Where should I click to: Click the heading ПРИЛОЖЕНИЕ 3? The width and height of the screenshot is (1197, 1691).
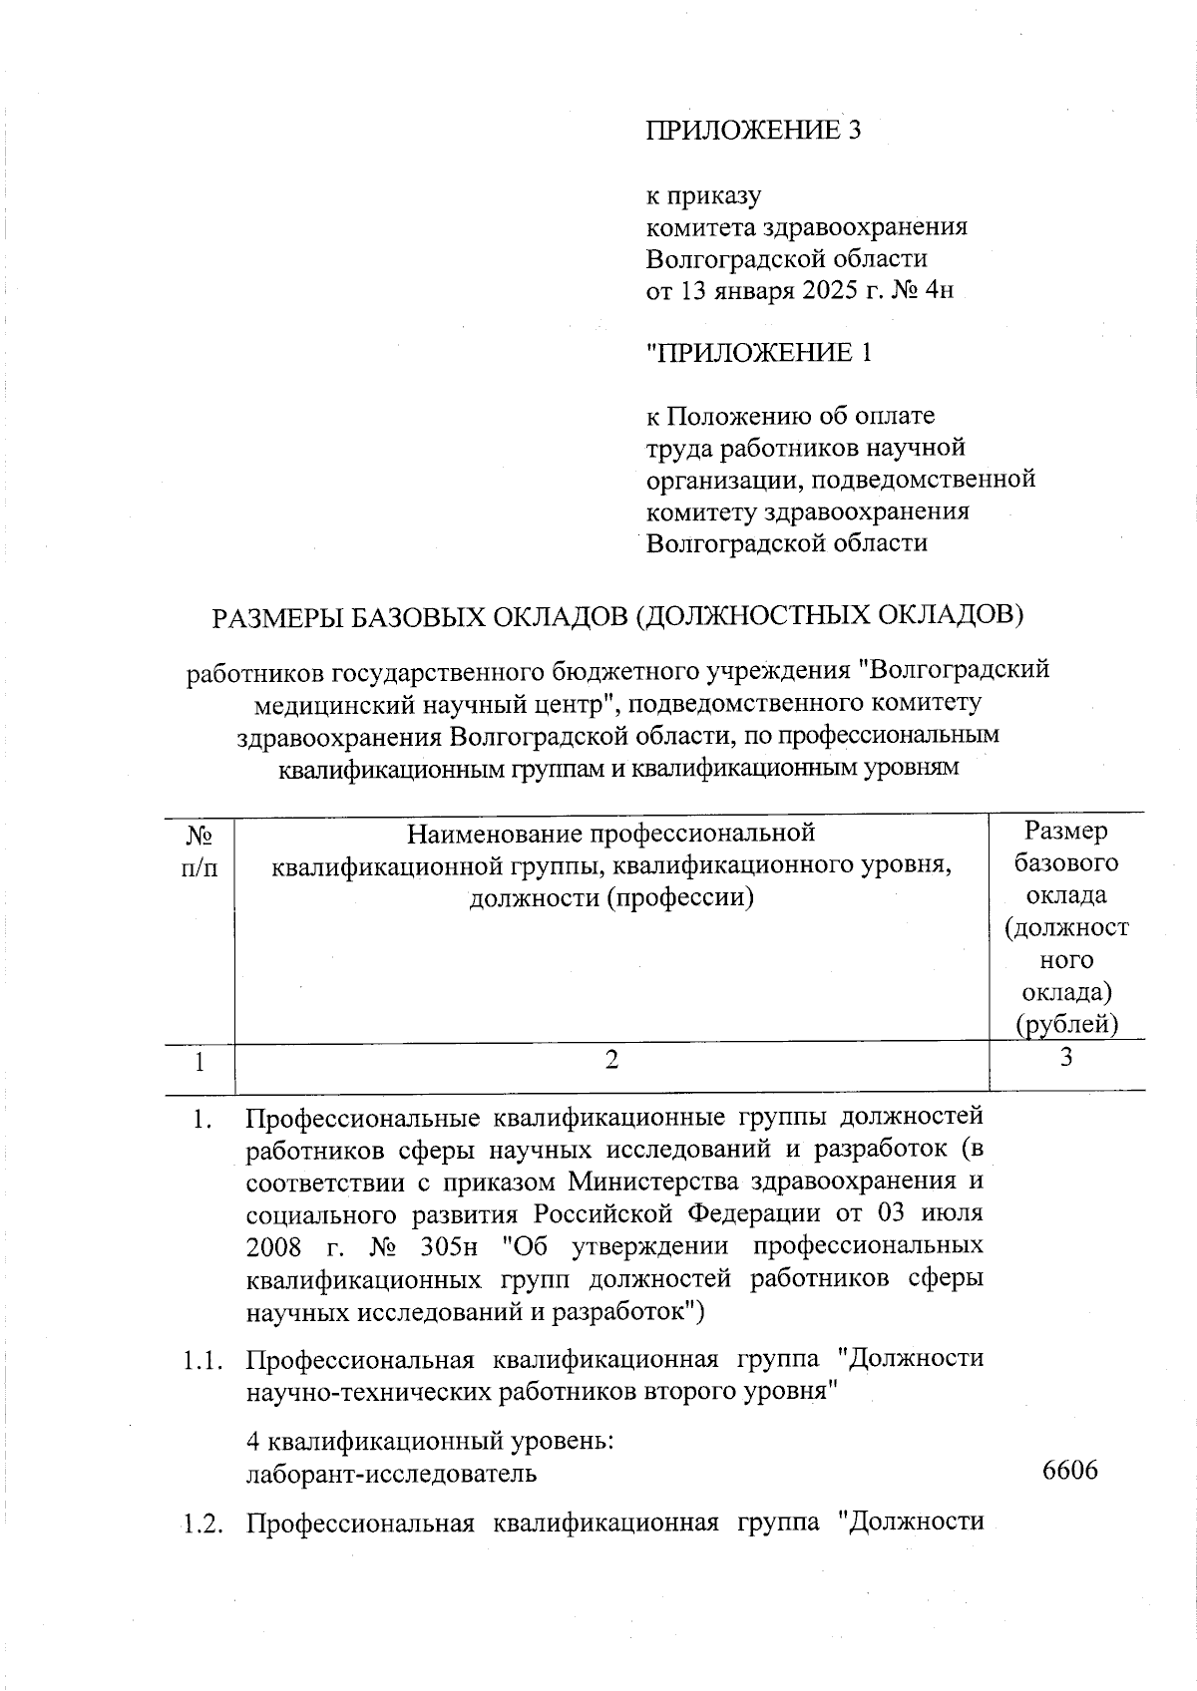(x=753, y=131)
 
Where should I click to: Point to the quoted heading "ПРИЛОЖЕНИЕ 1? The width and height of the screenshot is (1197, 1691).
(x=759, y=353)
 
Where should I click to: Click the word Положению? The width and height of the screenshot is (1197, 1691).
(x=739, y=415)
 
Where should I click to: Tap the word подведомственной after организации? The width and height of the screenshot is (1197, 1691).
(x=937, y=479)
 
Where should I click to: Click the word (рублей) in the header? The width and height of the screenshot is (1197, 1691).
(x=1066, y=1024)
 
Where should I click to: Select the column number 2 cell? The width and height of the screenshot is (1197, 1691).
(x=611, y=1060)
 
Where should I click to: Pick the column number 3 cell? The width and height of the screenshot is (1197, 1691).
(x=1066, y=1058)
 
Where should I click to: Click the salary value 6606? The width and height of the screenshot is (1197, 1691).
(x=1069, y=1471)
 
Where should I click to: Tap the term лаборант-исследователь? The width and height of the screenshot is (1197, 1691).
(x=391, y=1473)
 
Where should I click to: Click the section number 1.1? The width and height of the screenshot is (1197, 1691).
(x=203, y=1359)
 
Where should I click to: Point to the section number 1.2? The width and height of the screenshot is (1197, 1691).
(x=203, y=1523)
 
